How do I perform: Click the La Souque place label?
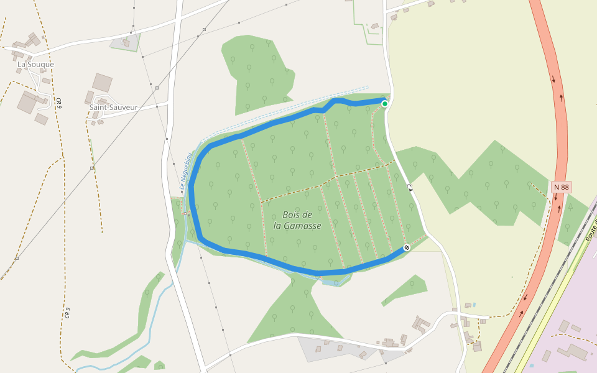click(35, 64)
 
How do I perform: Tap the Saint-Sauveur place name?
click(113, 107)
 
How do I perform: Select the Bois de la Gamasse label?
click(302, 220)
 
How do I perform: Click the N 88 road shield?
click(561, 186)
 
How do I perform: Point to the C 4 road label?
click(410, 186)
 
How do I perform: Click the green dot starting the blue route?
click(385, 104)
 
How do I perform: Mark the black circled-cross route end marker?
click(407, 247)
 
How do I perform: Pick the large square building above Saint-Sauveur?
click(102, 82)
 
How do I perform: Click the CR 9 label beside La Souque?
click(58, 103)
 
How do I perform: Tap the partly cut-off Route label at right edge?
click(591, 230)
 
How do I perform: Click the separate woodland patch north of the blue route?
click(258, 75)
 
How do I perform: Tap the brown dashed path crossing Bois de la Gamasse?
click(298, 188)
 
